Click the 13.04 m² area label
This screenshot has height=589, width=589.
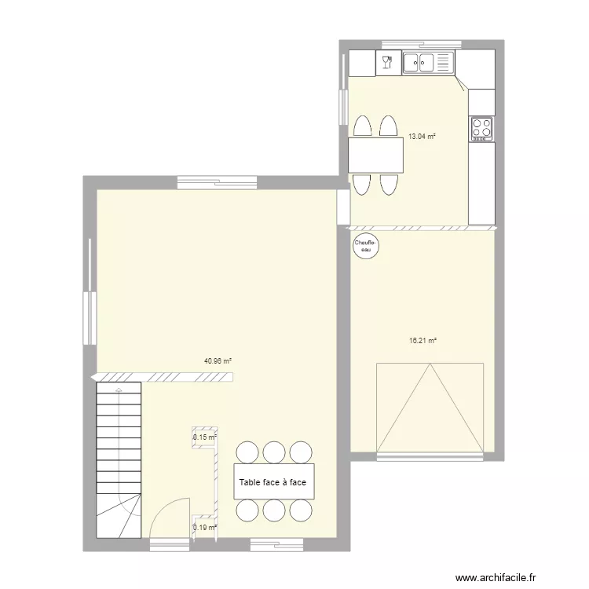[x=421, y=136]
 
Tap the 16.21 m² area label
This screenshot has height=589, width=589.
[x=423, y=341]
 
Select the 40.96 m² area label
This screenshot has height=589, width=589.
[x=218, y=361]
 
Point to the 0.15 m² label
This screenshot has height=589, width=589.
[x=204, y=437]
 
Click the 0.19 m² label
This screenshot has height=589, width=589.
[x=204, y=528]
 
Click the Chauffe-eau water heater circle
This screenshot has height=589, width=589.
[x=366, y=246]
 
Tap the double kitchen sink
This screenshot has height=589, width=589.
[x=429, y=62]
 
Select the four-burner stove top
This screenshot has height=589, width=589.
[x=481, y=127]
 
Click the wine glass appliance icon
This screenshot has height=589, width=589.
[x=387, y=62]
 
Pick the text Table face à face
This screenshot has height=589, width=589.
[x=273, y=482]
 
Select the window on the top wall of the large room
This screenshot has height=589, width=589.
[x=217, y=182]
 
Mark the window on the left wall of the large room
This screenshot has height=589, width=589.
[x=90, y=317]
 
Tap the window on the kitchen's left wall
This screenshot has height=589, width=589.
[x=344, y=105]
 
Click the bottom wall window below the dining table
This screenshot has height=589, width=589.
[x=273, y=543]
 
